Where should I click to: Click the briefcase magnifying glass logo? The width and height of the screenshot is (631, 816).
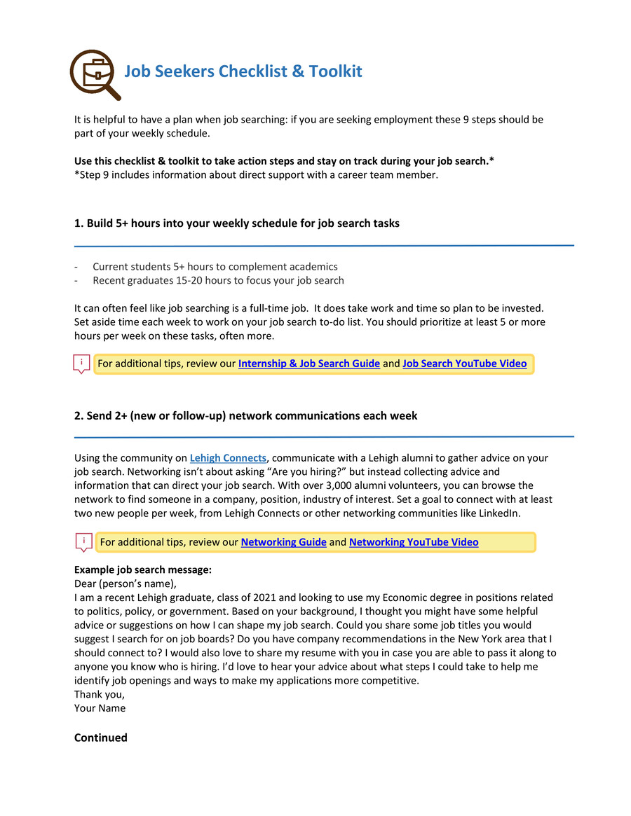coord(94,73)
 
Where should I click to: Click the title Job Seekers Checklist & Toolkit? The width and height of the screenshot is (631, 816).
coord(243,71)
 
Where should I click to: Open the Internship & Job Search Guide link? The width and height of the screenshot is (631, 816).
coord(308,364)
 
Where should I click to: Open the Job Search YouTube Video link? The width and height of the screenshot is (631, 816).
coord(464,364)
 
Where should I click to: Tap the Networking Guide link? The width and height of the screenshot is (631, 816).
coord(283,542)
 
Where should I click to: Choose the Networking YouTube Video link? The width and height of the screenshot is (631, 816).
coord(414,542)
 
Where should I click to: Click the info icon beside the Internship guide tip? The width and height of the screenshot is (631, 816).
coord(82,364)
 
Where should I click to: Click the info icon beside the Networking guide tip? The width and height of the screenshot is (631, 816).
coord(83,541)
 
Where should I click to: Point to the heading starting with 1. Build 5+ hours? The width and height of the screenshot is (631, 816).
coord(236,223)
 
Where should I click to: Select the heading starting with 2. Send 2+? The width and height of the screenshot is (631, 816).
coord(245,415)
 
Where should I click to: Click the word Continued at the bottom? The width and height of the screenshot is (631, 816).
coord(101,737)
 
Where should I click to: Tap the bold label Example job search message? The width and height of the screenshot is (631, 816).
coord(143,570)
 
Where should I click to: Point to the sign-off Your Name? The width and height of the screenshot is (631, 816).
coord(100,707)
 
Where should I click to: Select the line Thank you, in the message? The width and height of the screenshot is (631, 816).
coord(100,694)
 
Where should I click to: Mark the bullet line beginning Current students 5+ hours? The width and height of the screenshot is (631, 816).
coord(215,267)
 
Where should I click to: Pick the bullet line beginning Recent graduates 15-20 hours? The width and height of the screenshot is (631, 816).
coord(218,281)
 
